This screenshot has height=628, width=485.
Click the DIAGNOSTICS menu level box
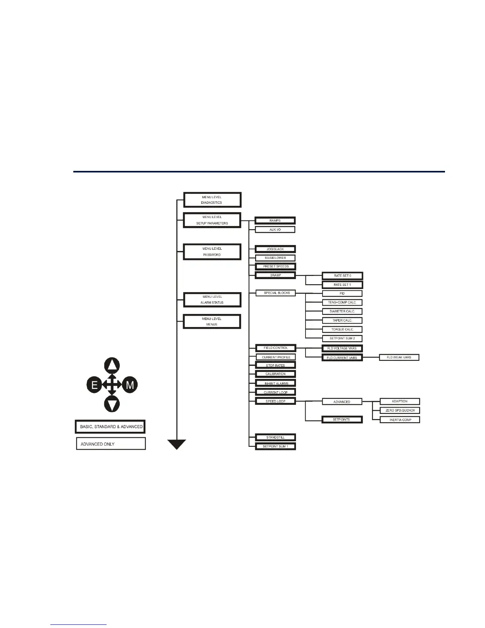click(212, 200)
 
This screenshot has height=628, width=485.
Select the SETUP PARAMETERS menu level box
click(212, 220)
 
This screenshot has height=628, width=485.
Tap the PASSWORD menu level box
click(212, 252)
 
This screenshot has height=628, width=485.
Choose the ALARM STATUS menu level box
click(212, 300)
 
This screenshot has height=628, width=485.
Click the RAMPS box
click(275, 220)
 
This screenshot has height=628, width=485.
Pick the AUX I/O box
click(275, 230)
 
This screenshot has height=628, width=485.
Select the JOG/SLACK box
click(275, 249)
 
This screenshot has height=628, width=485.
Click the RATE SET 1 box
click(342, 285)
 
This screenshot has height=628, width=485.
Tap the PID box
click(342, 293)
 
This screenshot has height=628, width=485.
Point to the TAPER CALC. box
click(342, 320)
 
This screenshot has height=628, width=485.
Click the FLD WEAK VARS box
click(399, 357)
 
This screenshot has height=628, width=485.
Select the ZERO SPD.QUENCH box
click(400, 410)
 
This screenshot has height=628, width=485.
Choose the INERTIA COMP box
click(400, 419)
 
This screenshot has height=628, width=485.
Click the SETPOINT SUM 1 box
click(275, 446)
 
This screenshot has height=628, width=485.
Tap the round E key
click(95, 385)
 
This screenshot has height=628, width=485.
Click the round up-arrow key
click(112, 366)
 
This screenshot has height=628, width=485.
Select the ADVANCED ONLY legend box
click(111, 444)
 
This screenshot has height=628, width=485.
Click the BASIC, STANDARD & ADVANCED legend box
click(111, 427)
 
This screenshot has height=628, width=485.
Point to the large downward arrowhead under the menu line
click(177, 444)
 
